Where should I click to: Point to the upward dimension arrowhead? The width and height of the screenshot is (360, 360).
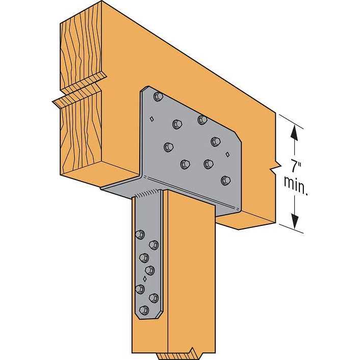(x=295, y=132)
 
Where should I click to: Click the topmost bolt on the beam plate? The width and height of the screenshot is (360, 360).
(x=158, y=96)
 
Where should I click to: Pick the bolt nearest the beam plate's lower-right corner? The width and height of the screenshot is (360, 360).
(x=225, y=180)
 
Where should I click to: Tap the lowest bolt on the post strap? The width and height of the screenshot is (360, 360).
(x=144, y=310)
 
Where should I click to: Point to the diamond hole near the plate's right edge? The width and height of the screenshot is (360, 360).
(x=227, y=154)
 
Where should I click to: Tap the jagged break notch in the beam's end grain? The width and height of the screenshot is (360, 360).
(x=82, y=89)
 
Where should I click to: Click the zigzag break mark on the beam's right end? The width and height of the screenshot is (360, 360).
(x=275, y=166)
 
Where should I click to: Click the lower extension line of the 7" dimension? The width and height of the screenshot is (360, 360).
(x=291, y=229)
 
